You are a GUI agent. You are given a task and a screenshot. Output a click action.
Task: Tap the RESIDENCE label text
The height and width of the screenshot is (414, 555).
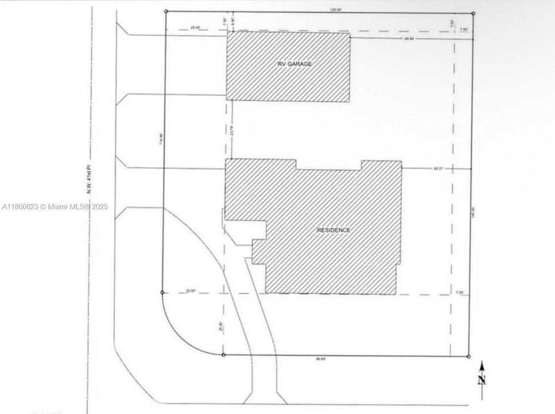tap(334, 230)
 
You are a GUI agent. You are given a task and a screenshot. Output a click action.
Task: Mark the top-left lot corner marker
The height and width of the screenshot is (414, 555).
tap(166, 11)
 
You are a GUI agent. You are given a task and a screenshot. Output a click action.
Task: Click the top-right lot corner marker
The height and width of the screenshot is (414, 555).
tap(473, 13)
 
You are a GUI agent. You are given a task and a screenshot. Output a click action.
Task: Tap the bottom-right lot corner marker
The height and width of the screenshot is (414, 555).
tap(469, 356)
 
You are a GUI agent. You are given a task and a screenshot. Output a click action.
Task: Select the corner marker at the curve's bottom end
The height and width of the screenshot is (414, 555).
tap(223, 355)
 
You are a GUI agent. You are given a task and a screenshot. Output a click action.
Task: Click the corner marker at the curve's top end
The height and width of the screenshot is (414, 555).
tap(163, 292)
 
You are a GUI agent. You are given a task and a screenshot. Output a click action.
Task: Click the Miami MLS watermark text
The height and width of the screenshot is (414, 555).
tap(55, 206)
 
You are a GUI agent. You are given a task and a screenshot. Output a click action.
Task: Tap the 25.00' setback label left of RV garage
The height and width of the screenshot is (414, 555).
tap(196, 28)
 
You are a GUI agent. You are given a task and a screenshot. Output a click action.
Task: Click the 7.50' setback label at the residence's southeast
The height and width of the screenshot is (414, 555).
tap(460, 293)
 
